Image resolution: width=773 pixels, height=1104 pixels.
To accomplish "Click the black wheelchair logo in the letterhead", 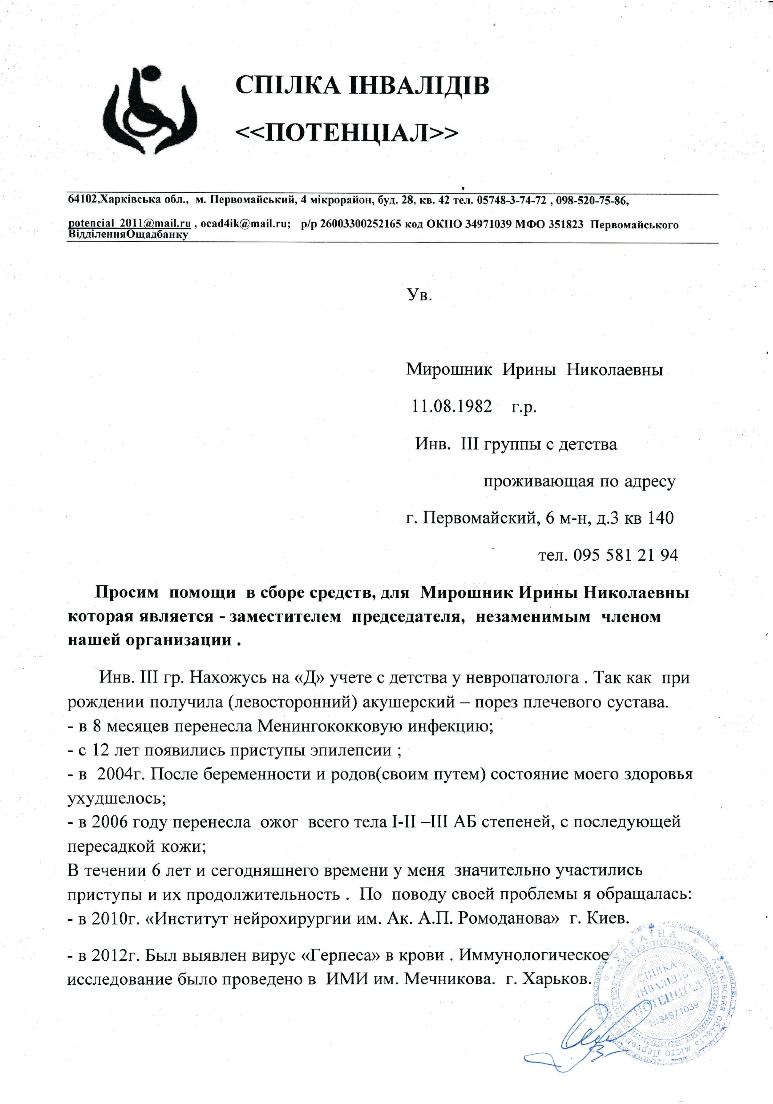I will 150,112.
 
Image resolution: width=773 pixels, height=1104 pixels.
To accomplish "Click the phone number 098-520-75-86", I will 592,200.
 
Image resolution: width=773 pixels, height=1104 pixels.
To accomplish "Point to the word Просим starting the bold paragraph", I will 127,592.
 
